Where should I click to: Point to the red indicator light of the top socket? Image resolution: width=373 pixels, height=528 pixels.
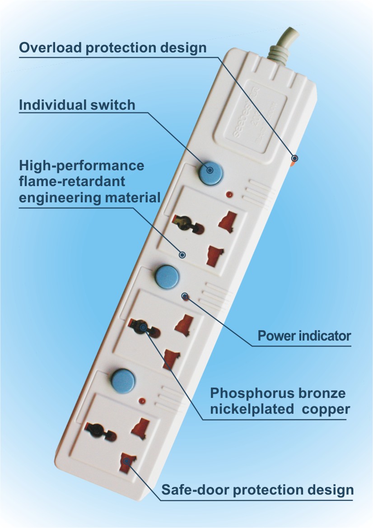(228, 195)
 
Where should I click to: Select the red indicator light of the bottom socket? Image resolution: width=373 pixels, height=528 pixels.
(142, 401)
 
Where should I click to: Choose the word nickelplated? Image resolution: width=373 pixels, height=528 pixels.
(251, 410)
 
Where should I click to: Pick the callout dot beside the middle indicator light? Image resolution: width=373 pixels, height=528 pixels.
(184, 296)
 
